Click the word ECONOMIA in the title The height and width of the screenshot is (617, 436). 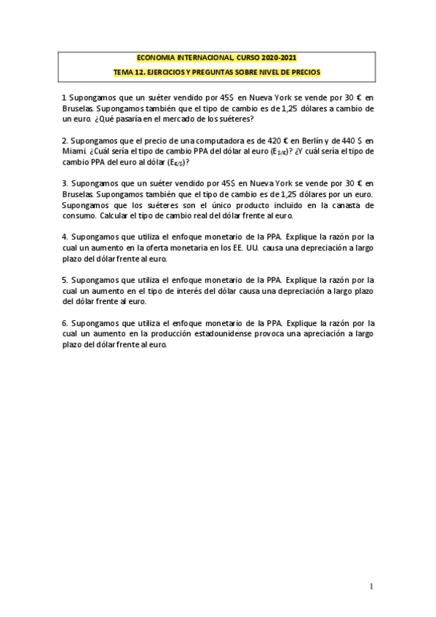pos(156,58)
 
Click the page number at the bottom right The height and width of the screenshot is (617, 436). pos(370,586)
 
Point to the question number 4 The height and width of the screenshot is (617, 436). pos(64,236)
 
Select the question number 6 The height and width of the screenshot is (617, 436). pos(64,322)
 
